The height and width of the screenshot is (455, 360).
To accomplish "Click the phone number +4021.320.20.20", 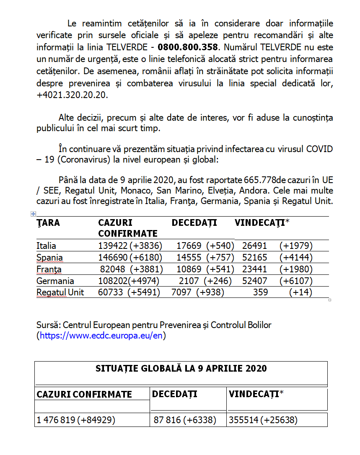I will pos(72,95).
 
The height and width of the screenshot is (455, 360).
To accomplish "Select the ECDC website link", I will pos(101,335).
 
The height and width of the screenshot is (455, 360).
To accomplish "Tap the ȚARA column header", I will pos(48,223).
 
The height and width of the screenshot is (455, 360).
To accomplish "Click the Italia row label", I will pos(46,246).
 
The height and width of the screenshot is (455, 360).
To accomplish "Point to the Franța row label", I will pos(49,269).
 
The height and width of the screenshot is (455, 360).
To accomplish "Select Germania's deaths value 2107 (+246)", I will pos(202,281).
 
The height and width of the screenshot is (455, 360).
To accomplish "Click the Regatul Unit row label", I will pos(60,292).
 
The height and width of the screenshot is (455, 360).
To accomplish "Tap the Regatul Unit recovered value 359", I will pos(260,292).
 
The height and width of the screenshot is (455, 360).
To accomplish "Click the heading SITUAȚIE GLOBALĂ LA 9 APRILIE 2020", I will pos(181,369).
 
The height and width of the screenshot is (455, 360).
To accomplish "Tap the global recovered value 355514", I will pos(243,420).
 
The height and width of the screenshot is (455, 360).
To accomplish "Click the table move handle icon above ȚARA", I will pos(33,214).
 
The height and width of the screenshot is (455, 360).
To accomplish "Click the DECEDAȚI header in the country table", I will pos(194,223).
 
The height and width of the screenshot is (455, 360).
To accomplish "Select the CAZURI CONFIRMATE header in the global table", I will pos(84,394).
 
